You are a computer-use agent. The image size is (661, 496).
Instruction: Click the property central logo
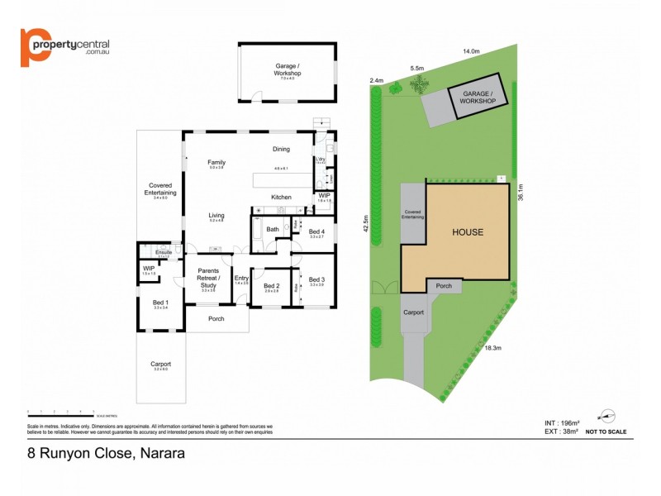[64, 47]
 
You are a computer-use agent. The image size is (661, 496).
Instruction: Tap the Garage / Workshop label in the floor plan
[288, 69]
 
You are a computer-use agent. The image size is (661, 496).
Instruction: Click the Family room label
[216, 162]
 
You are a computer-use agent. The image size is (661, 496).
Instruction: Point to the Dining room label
[281, 149]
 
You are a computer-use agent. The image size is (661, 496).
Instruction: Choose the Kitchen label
[281, 197]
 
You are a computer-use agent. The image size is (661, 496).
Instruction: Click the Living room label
[216, 216]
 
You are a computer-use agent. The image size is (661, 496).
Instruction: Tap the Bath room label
[273, 229]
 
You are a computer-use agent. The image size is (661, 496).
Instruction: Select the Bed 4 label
[316, 231]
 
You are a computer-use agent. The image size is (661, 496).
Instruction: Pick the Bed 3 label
[316, 279]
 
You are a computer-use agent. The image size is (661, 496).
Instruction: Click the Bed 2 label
[271, 285]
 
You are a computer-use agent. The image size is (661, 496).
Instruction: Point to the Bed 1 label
[160, 303]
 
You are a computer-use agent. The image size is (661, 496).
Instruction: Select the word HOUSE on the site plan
[467, 232]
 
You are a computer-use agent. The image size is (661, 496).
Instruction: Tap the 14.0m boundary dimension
[471, 51]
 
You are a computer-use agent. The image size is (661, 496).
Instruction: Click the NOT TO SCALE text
[606, 432]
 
